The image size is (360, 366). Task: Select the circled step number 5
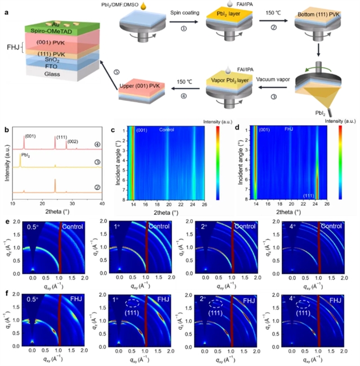[101, 71]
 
